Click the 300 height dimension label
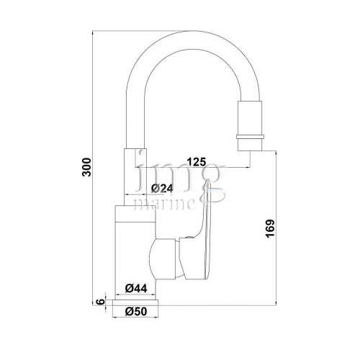pos(86,167)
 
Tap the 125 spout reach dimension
pos(197,162)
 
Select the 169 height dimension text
pos(270,228)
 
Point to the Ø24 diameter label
pos(162,189)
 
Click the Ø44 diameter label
pos(136,288)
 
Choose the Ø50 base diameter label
pos(136,312)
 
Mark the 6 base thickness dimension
pos(101,301)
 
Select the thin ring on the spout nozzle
pos(250,137)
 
